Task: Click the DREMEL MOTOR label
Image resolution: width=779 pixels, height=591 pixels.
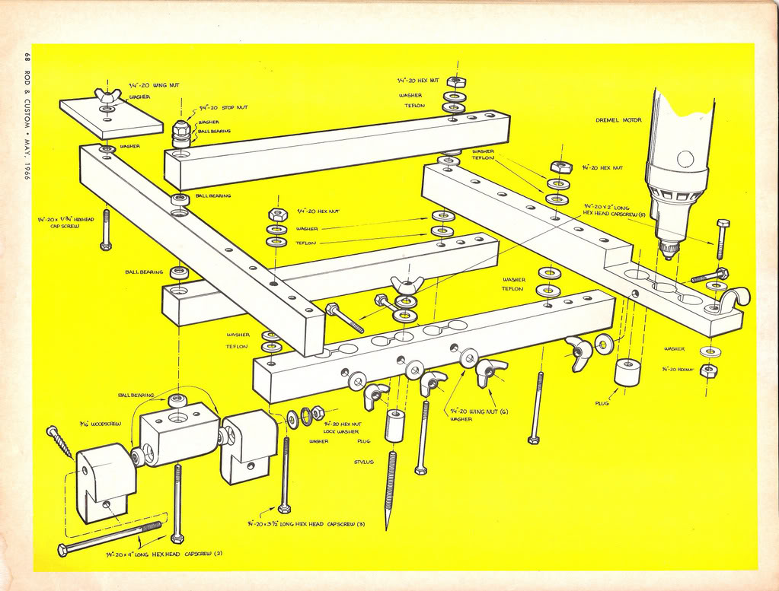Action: (x=618, y=120)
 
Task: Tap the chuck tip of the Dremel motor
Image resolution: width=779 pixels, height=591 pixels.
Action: (x=669, y=252)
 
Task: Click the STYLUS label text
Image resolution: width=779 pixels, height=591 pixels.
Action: (x=363, y=462)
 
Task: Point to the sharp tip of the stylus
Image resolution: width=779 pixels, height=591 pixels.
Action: (x=387, y=528)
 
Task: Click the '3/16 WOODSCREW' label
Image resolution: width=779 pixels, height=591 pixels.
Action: (x=94, y=423)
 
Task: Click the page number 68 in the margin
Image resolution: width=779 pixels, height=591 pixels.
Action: (x=27, y=56)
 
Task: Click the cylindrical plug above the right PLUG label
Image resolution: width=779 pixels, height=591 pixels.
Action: (x=627, y=371)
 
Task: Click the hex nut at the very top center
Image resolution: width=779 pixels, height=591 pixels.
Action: (x=456, y=81)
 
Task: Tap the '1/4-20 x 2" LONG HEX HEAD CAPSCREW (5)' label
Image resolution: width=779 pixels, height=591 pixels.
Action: (x=615, y=210)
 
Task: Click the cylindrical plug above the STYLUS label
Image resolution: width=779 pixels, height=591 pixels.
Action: (x=394, y=424)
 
